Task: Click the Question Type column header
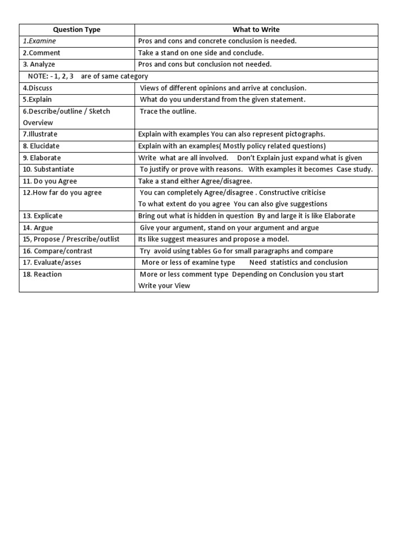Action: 76,30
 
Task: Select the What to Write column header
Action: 256,30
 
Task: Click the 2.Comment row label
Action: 41,53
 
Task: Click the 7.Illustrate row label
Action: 40,135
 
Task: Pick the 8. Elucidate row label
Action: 41,146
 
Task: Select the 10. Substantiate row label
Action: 48,169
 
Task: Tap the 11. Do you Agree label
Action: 50,181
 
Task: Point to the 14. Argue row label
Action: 38,228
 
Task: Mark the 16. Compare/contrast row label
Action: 58,251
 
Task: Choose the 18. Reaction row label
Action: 42,274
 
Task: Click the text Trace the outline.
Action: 168,111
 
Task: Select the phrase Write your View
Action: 164,286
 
